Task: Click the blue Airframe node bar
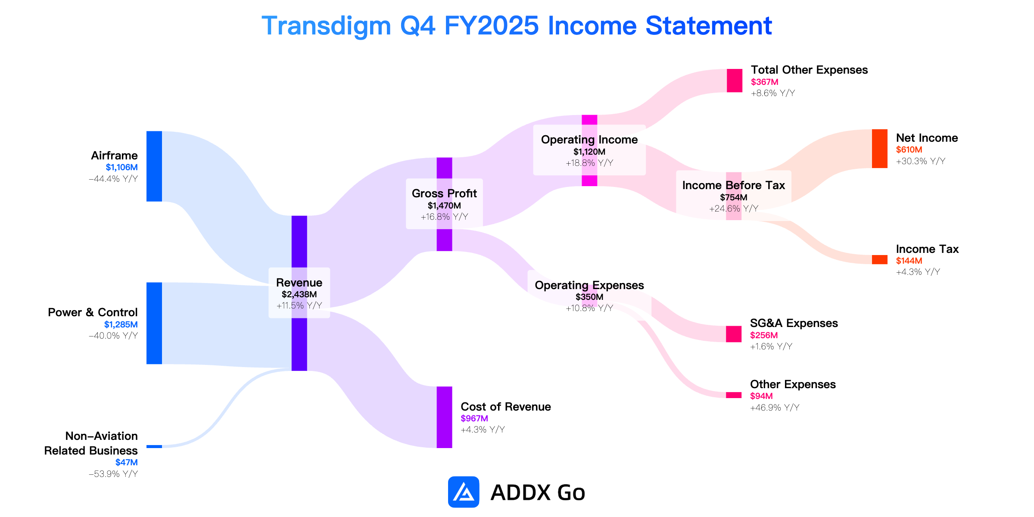(154, 166)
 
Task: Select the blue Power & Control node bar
(154, 323)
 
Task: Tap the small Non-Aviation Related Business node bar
(154, 446)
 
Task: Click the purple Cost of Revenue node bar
(444, 417)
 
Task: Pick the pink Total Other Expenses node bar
(735, 81)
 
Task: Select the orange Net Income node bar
(880, 149)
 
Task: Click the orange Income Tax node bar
(880, 259)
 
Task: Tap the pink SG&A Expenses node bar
(734, 334)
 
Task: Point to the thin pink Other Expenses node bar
(734, 395)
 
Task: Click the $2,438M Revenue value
(299, 294)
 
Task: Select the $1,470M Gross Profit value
(444, 206)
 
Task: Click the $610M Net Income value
(909, 149)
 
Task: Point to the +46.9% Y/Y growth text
(775, 408)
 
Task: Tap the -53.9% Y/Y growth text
(113, 474)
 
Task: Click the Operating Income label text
(589, 140)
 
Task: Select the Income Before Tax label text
(734, 185)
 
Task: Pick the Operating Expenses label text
(589, 285)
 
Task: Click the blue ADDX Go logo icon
(464, 492)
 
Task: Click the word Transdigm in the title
(326, 26)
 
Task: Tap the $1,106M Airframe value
(122, 167)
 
